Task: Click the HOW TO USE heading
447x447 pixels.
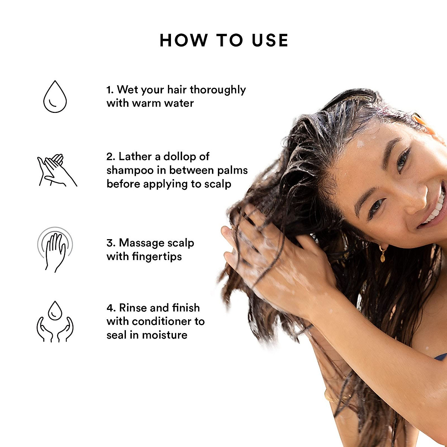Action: coord(224,40)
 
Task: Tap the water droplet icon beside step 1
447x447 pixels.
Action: coord(55,96)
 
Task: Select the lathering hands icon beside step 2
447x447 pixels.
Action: coord(57,170)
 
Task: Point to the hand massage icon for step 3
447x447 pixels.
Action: coord(55,249)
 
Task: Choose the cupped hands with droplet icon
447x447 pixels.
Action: coord(55,322)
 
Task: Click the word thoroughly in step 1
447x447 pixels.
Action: coord(218,90)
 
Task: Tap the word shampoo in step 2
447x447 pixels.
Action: coord(130,170)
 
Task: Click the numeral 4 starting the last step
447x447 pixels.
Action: coord(110,308)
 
